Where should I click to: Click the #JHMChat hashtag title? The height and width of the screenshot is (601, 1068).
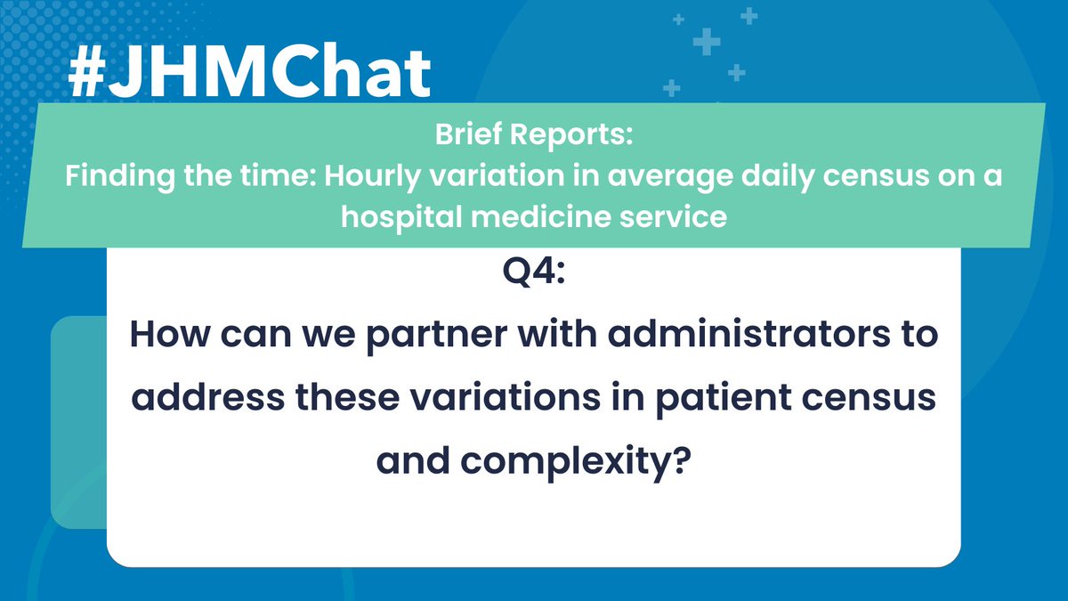(x=249, y=76)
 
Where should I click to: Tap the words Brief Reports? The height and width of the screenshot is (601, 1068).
(x=534, y=135)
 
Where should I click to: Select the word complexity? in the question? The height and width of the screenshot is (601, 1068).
(x=593, y=460)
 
